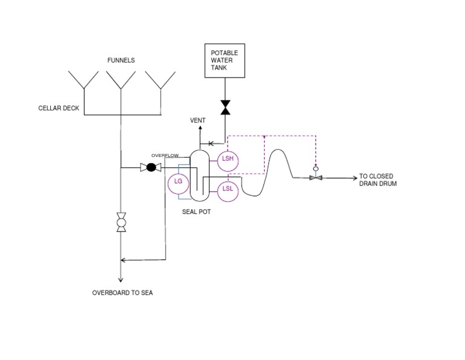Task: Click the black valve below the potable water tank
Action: [x=225, y=107]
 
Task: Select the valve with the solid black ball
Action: [x=151, y=167]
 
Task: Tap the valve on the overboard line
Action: [x=121, y=222]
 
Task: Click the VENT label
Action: [x=198, y=120]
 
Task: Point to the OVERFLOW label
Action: [x=165, y=156]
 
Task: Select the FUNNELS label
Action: [x=121, y=60]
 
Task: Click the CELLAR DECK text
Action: [x=59, y=108]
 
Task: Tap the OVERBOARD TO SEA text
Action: [x=122, y=293]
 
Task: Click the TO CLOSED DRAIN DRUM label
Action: [x=378, y=180]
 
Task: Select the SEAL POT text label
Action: [x=196, y=212]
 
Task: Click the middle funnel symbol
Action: [x=120, y=80]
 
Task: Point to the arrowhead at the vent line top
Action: [x=200, y=128]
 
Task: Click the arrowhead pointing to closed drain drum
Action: [x=355, y=178]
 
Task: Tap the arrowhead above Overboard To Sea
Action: [x=120, y=280]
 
